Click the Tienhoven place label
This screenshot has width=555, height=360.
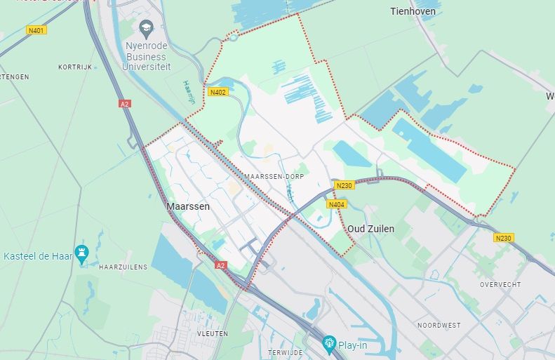tap(413, 11)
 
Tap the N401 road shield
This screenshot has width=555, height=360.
tap(36, 30)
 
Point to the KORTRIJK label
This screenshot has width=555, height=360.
tap(75, 67)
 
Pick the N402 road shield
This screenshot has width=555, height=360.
tap(217, 91)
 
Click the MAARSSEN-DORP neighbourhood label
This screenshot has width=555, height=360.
tap(275, 176)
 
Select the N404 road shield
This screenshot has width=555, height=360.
tap(337, 204)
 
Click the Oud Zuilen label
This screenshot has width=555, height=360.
tap(370, 229)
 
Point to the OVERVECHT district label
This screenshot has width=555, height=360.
tap(499, 284)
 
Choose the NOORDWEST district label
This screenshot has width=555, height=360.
tap(439, 325)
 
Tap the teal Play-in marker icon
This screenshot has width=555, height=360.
tap(328, 344)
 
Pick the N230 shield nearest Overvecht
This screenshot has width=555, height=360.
tap(503, 238)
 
